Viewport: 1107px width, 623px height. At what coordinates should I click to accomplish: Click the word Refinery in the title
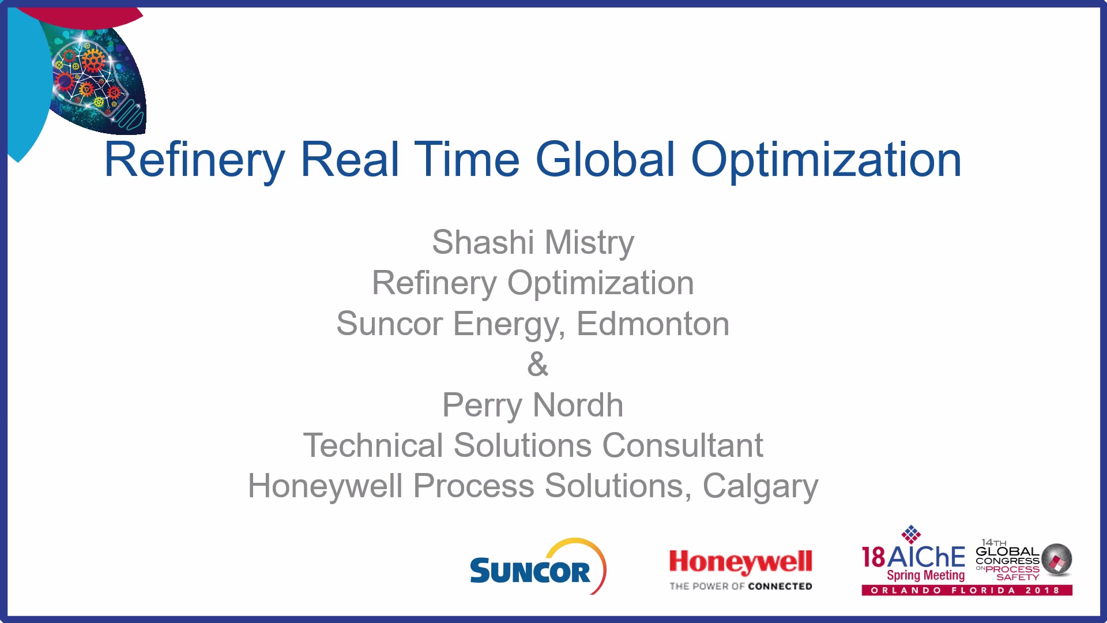[194, 160]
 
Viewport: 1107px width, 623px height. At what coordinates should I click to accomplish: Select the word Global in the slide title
[605, 159]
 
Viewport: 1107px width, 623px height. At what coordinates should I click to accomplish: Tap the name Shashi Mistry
[533, 242]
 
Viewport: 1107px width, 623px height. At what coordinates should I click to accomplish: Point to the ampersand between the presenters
[538, 364]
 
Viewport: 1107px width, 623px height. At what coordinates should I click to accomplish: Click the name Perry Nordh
[533, 405]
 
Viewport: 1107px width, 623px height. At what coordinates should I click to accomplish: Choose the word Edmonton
[653, 324]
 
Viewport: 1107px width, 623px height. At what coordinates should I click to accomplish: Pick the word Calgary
[760, 486]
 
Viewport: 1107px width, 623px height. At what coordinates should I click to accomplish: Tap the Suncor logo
[538, 566]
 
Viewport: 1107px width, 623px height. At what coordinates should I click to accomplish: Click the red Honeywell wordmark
[740, 562]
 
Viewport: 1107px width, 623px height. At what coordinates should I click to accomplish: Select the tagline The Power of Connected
[740, 586]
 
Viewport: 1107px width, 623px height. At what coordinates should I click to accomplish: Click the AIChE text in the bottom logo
[927, 557]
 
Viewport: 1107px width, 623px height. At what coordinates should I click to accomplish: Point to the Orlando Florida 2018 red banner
[967, 590]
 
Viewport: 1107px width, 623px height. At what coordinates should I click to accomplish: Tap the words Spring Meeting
[925, 575]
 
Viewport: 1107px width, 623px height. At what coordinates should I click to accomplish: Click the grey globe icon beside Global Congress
[1057, 559]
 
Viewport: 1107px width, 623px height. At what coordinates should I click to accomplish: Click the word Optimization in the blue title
[826, 160]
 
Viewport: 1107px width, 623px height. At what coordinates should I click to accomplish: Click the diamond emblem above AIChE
[911, 534]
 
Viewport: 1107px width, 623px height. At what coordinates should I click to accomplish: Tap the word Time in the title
[467, 159]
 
